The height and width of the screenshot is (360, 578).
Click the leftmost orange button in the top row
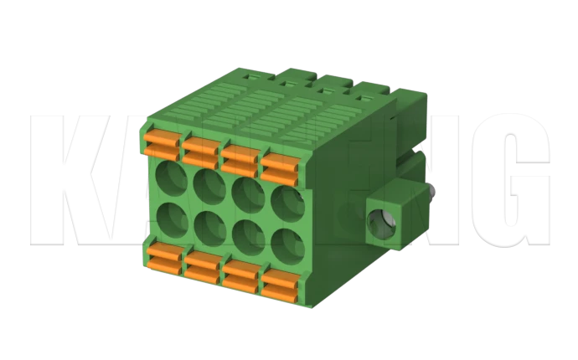coord(162,142)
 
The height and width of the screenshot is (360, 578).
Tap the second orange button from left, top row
coord(201,150)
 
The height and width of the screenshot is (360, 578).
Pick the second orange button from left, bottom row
coord(203,266)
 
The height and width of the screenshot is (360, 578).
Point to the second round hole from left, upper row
coord(209,185)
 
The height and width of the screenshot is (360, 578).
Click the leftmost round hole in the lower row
coord(174,219)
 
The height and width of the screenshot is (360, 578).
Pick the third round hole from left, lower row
coord(247,235)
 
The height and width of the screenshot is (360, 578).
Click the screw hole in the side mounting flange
coord(386,218)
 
